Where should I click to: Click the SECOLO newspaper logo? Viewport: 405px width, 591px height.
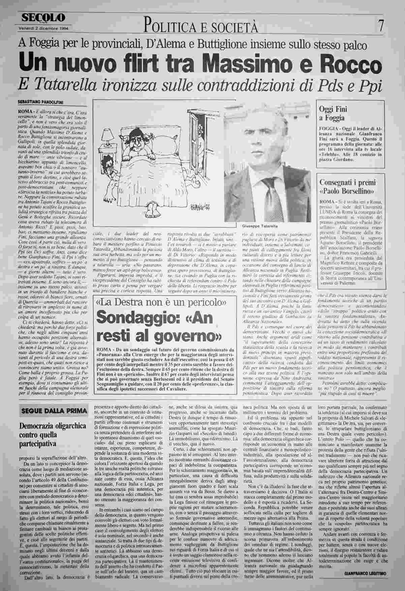[43, 18]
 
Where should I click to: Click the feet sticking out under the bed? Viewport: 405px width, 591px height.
[151, 211]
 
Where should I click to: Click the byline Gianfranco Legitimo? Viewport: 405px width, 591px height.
[366, 573]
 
